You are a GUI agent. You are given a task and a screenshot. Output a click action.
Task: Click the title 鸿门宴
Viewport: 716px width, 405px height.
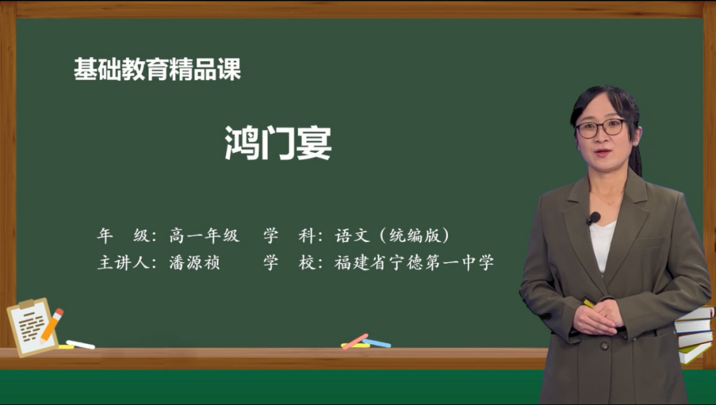(x=278, y=143)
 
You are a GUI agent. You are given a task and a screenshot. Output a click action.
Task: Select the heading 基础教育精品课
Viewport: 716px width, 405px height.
(x=157, y=70)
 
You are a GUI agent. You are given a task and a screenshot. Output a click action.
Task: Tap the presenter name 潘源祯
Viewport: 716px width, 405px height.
(x=195, y=262)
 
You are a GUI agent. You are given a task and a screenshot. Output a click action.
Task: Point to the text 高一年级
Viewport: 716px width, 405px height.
(x=204, y=235)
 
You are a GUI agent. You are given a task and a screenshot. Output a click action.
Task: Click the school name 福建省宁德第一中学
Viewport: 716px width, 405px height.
(x=414, y=262)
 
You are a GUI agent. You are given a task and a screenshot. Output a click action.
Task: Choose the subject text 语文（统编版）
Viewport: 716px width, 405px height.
(x=392, y=235)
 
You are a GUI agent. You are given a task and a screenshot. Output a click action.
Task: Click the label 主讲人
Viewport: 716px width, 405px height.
(x=123, y=262)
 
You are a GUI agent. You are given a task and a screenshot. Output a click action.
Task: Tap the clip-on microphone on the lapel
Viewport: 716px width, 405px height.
(x=593, y=218)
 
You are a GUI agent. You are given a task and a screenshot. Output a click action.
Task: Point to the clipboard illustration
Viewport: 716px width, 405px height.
(x=32, y=327)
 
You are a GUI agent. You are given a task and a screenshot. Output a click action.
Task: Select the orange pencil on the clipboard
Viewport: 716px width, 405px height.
(x=52, y=325)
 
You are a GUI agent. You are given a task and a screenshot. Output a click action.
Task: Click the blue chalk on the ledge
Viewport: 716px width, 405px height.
(x=377, y=343)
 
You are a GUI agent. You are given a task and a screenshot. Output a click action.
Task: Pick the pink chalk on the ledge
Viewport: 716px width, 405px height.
(x=355, y=341)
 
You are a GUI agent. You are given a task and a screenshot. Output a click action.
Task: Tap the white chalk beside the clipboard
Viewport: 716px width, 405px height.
(x=80, y=344)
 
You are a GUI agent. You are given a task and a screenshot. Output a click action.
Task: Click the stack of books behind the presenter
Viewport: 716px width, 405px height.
(x=695, y=334)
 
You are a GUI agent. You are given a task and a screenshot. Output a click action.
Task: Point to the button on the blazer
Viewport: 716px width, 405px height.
(x=604, y=345)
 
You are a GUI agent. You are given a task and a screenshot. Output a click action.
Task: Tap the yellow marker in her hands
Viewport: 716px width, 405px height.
(x=588, y=303)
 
